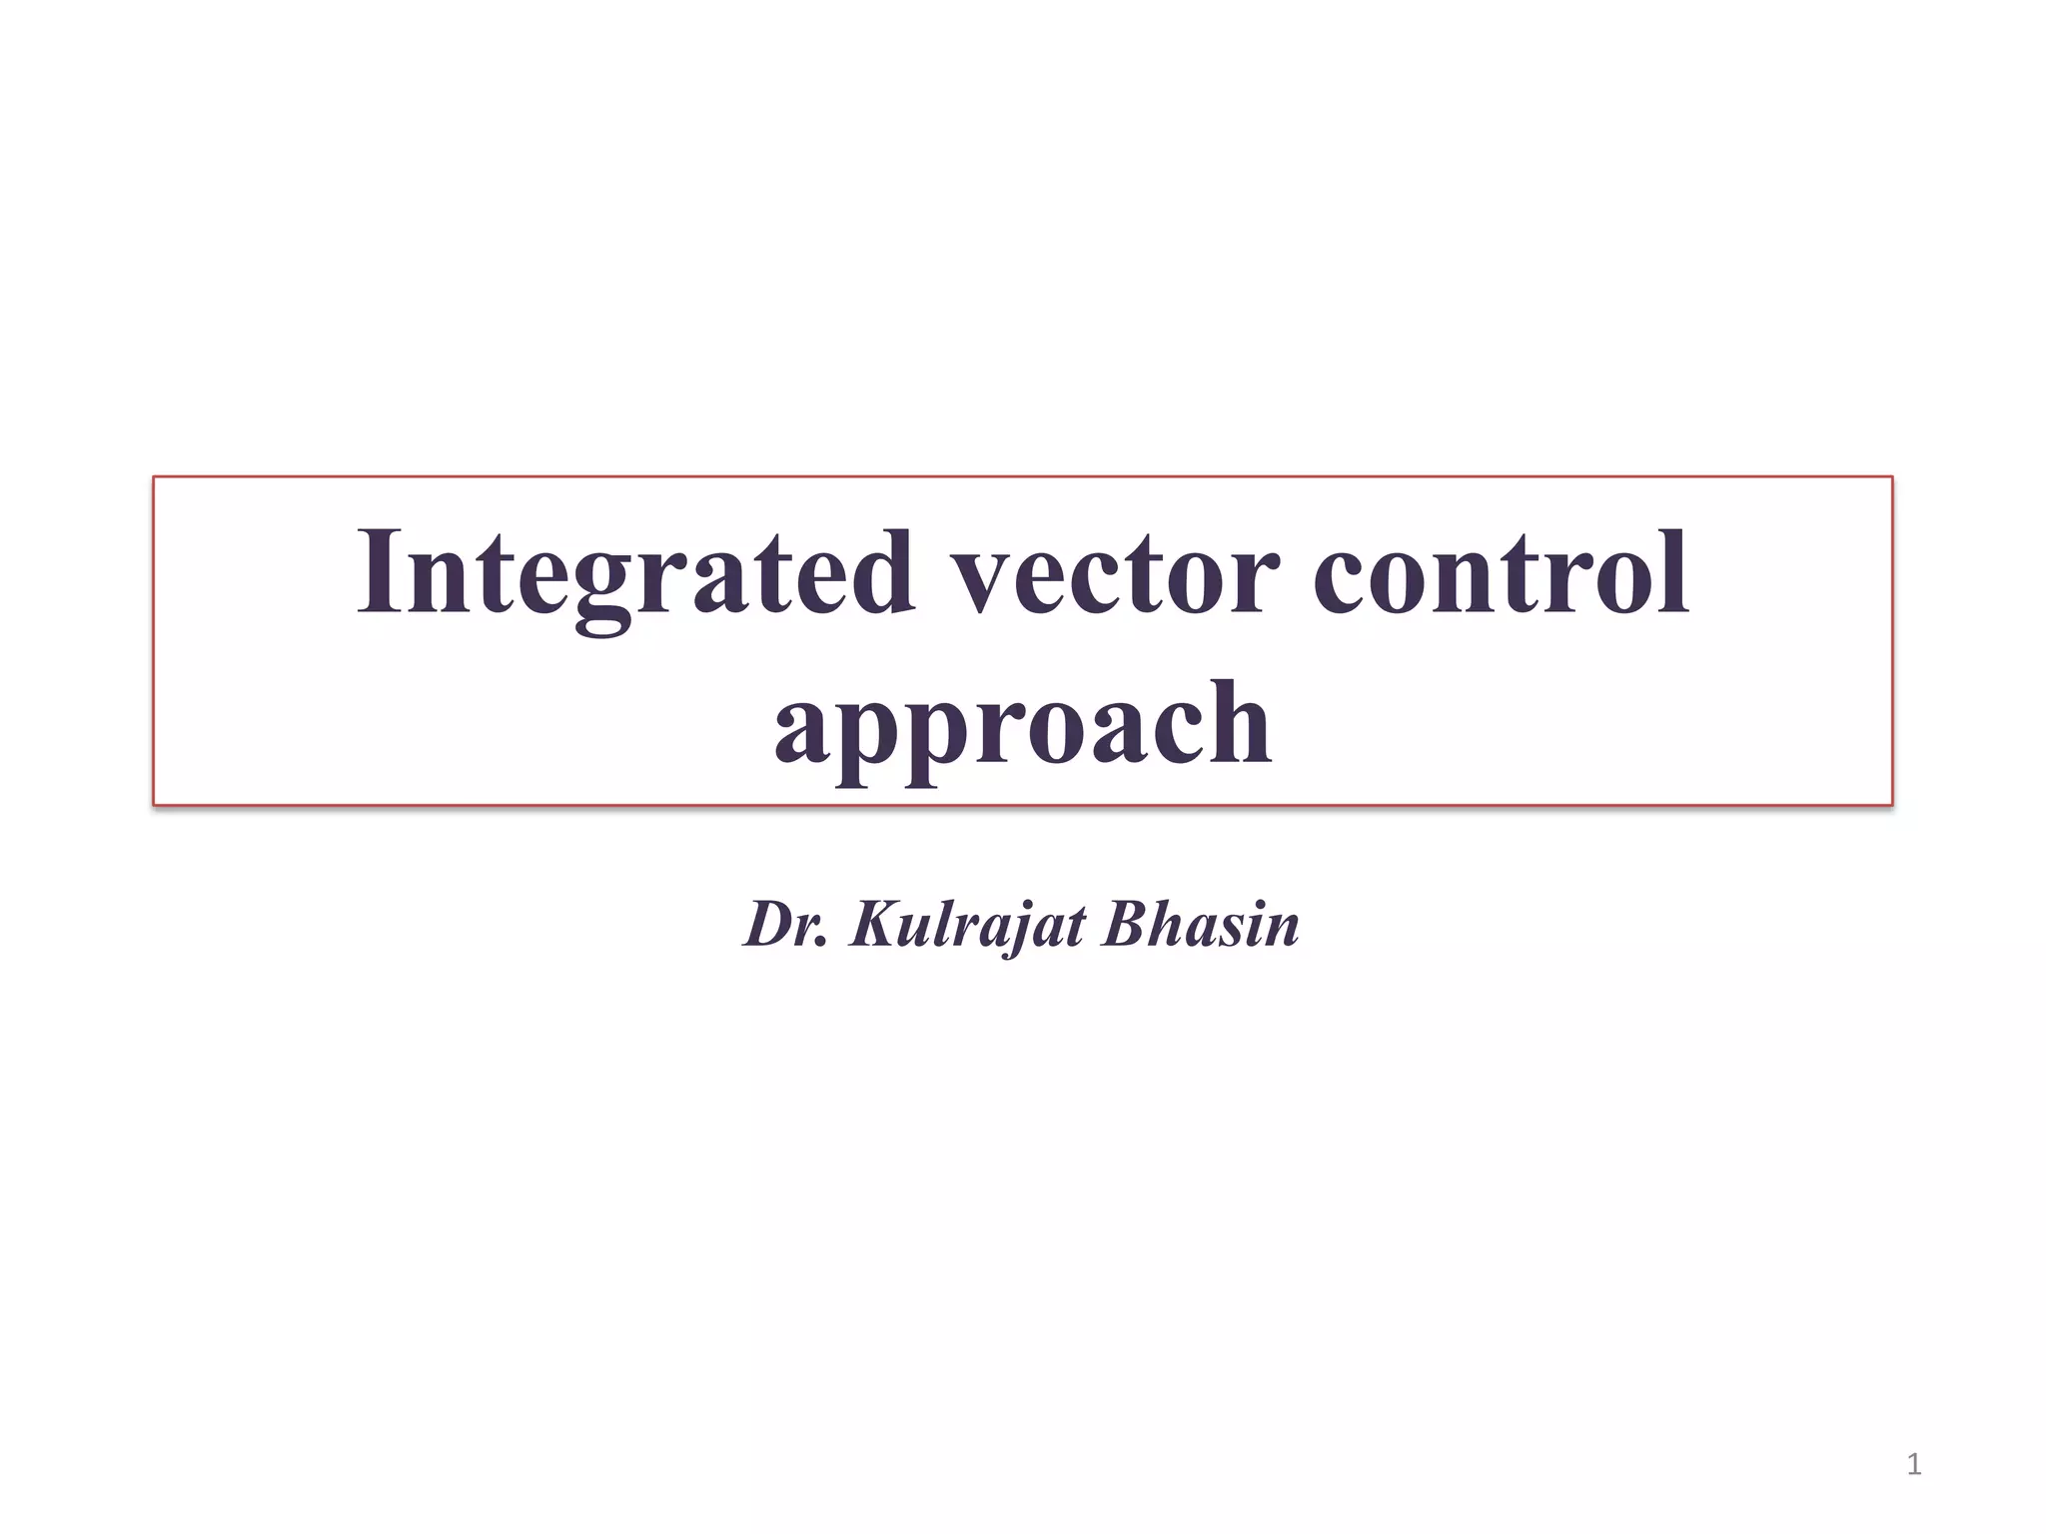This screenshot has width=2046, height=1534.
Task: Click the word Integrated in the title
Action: point(635,573)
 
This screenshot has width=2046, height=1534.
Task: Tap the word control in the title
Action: point(1501,573)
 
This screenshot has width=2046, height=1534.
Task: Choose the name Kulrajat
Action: point(967,926)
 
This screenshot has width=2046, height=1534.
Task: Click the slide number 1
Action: point(1913,1465)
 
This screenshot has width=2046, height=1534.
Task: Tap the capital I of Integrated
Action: point(381,571)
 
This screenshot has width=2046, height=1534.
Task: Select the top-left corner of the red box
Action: point(154,477)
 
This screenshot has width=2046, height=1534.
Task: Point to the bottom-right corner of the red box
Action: point(1892,804)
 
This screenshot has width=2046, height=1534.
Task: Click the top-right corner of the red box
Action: point(1892,477)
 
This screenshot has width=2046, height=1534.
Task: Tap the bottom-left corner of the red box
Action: point(154,804)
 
